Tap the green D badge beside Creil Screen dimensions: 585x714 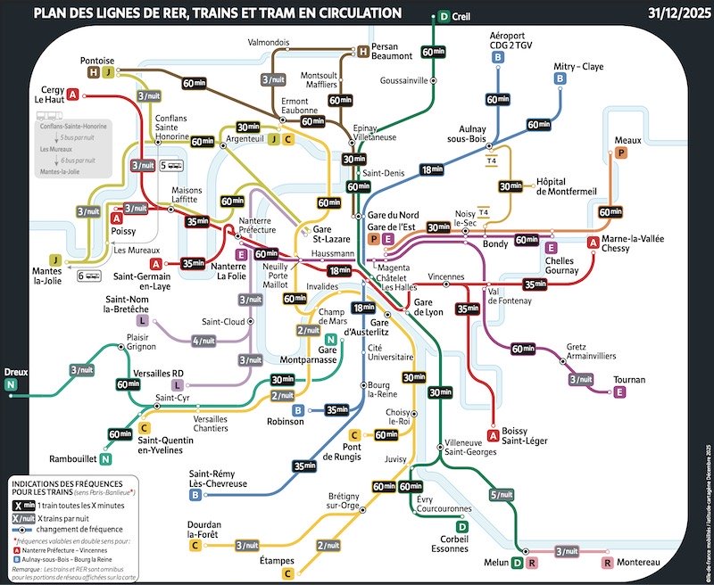pyautogui.click(x=444, y=16)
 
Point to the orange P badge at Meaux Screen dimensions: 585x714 pyautogui.click(x=622, y=153)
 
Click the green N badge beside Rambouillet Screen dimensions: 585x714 pyautogui.click(x=106, y=459)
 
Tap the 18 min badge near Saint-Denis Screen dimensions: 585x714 pyautogui.click(x=432, y=169)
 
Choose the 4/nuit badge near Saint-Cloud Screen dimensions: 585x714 pyautogui.click(x=204, y=340)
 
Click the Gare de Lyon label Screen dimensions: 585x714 pyautogui.click(x=434, y=309)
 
